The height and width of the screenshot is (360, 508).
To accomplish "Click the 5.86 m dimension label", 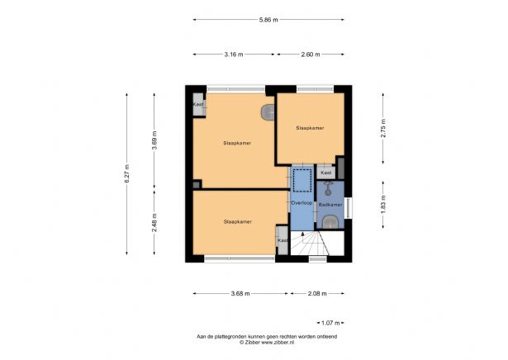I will coord(268,20).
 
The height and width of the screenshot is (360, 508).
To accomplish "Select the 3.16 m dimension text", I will coord(235,54).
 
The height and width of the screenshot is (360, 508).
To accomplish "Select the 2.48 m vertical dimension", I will coord(154,221).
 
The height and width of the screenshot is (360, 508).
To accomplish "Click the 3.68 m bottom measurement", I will coord(241,293).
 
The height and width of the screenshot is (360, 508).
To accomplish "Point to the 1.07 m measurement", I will coord(330,322).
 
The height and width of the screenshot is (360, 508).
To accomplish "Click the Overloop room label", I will coord(301,202).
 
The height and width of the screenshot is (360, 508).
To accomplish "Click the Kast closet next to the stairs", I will coord(282,240).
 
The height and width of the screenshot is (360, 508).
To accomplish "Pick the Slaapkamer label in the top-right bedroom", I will coord(310,128).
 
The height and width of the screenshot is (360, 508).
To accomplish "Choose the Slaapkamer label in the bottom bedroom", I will coord(237,221).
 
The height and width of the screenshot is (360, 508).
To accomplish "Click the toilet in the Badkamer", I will coord(330,220).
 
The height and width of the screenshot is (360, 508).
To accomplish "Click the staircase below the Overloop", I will coord(310,245).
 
